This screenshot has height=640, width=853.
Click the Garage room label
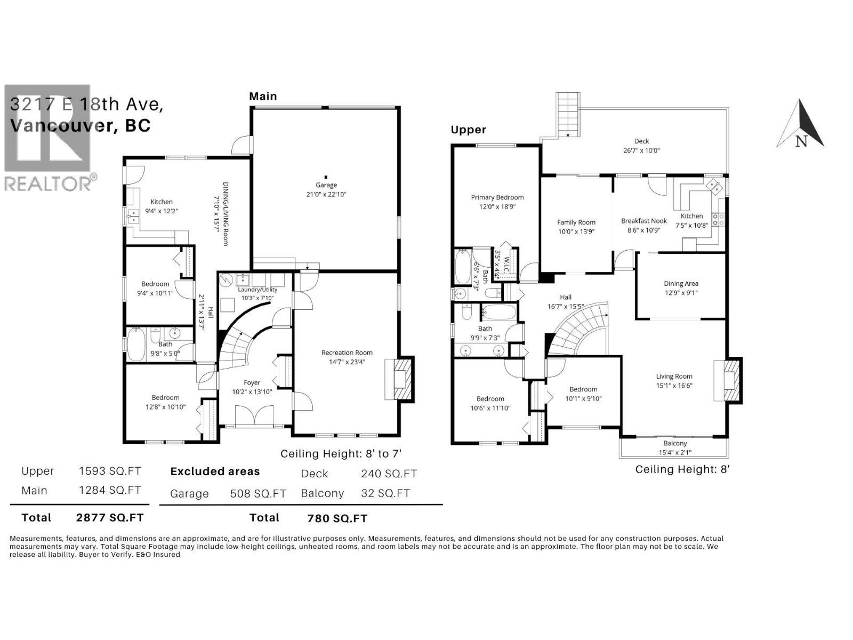point(326,185)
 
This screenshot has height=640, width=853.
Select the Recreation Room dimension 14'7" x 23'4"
point(347,362)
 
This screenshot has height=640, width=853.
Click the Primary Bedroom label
point(497,197)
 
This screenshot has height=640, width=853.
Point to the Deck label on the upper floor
point(641,141)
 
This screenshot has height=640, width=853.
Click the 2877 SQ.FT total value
point(110,517)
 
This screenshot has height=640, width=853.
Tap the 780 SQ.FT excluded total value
point(337,518)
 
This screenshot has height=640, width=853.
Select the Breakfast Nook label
point(643,221)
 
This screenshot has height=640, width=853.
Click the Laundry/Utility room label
point(257,290)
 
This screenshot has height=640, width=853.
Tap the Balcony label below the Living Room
point(675,443)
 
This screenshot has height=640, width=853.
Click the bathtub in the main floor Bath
point(137,345)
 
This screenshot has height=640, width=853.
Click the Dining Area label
point(681,284)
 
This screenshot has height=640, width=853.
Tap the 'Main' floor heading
point(263,97)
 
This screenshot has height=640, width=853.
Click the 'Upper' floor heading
point(468,130)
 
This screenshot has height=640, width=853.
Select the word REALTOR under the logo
point(48,183)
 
